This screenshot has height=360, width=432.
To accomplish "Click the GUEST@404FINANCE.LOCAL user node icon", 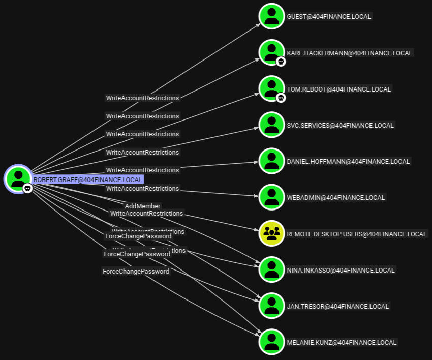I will [271, 16].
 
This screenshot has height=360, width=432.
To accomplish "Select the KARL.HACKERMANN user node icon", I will [271, 52].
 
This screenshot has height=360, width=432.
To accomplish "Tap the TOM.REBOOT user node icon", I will [271, 88].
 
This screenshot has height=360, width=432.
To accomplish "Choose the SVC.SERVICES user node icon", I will [271, 125].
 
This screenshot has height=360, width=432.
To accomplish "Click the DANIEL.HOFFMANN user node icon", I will [271, 161].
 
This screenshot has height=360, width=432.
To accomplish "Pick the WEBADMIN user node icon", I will [271, 197].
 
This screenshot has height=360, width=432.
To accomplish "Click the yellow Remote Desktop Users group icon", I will [271, 233].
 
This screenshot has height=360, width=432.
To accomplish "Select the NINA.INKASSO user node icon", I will [271, 269].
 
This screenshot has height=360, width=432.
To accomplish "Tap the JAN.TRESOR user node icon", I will [271, 306].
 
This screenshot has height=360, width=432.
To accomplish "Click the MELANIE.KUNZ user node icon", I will [271, 342].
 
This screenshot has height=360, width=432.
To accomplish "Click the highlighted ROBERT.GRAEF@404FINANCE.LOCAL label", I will [88, 179].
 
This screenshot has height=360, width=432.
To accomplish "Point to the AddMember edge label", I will [142, 206].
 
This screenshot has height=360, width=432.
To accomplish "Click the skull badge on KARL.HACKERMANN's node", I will [281, 62].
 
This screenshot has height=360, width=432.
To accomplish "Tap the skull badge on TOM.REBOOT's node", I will [281, 97].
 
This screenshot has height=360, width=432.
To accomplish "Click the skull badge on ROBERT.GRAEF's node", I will [27, 188].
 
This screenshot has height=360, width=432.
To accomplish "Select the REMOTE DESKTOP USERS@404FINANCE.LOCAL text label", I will [357, 234].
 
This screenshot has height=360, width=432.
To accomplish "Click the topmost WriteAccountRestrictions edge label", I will [142, 98].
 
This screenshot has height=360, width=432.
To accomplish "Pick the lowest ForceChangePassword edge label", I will [136, 271].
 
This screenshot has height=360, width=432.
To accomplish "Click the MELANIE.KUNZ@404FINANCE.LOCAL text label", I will [342, 342].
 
